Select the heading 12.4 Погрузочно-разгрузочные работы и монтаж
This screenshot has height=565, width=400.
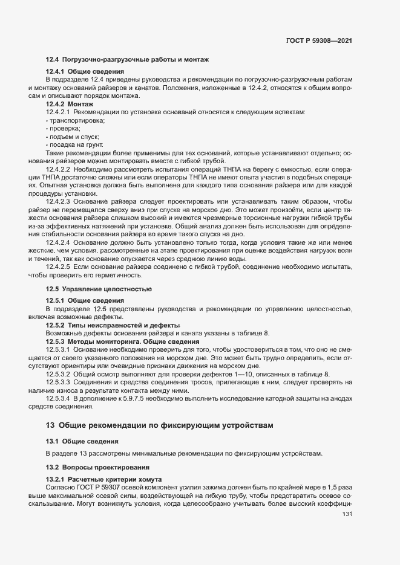(127, 60)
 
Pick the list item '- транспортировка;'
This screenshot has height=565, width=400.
(76, 121)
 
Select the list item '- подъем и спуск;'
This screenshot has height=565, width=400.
(72, 137)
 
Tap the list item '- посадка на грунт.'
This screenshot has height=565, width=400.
(74, 145)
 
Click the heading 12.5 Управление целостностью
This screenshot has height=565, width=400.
(99, 289)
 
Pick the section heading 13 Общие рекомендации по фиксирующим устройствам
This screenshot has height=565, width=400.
(160, 425)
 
